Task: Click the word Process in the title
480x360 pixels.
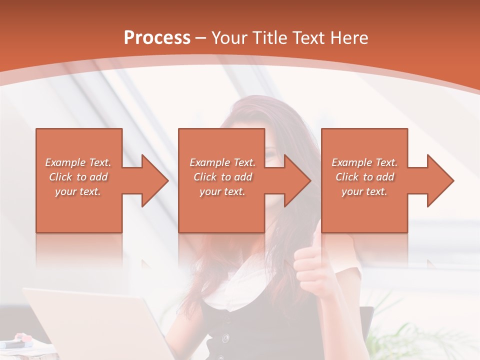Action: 157,38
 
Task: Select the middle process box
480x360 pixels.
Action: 221,210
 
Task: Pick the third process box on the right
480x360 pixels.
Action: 364,210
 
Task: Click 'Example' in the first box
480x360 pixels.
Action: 65,162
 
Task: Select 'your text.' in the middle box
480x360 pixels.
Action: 222,191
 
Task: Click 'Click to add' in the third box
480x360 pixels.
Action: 364,177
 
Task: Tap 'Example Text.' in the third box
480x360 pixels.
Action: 364,162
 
